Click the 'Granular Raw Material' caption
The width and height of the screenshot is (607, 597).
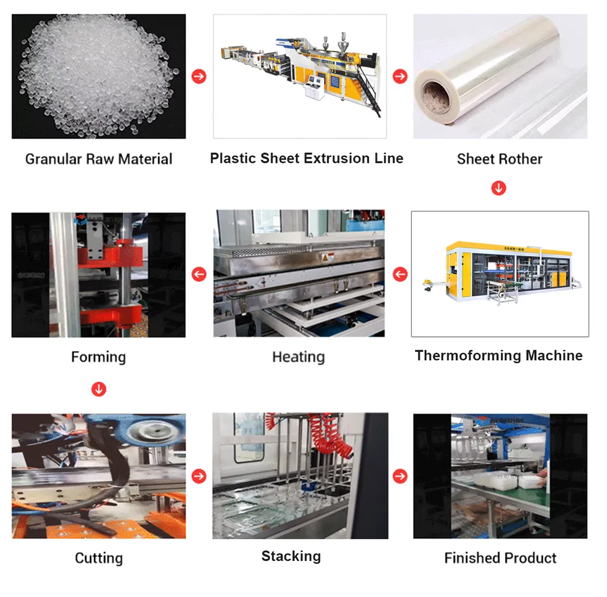pos(99,159)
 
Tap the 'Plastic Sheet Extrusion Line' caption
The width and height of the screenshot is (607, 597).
pos(307,158)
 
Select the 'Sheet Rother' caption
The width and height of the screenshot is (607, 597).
pos(499,159)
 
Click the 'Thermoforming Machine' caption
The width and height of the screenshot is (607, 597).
pos(499,356)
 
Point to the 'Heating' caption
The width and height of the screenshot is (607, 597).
pos(298,357)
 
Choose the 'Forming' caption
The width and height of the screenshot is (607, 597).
pos(98,357)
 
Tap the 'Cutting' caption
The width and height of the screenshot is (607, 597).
pos(99,558)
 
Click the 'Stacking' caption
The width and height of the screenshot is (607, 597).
pos(291,556)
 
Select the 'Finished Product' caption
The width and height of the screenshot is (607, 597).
pos(500,558)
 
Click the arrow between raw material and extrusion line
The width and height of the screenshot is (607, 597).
pos(199,76)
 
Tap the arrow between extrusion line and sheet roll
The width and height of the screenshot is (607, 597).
pos(400,76)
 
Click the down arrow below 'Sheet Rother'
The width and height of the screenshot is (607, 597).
pos(499,188)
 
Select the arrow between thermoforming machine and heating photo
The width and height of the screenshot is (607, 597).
pos(400,274)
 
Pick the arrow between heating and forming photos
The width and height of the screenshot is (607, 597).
pos(199,274)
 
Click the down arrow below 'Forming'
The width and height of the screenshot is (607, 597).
pos(99,390)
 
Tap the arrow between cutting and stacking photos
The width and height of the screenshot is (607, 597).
pos(199,476)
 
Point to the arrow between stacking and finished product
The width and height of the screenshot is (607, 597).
pos(400,476)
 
